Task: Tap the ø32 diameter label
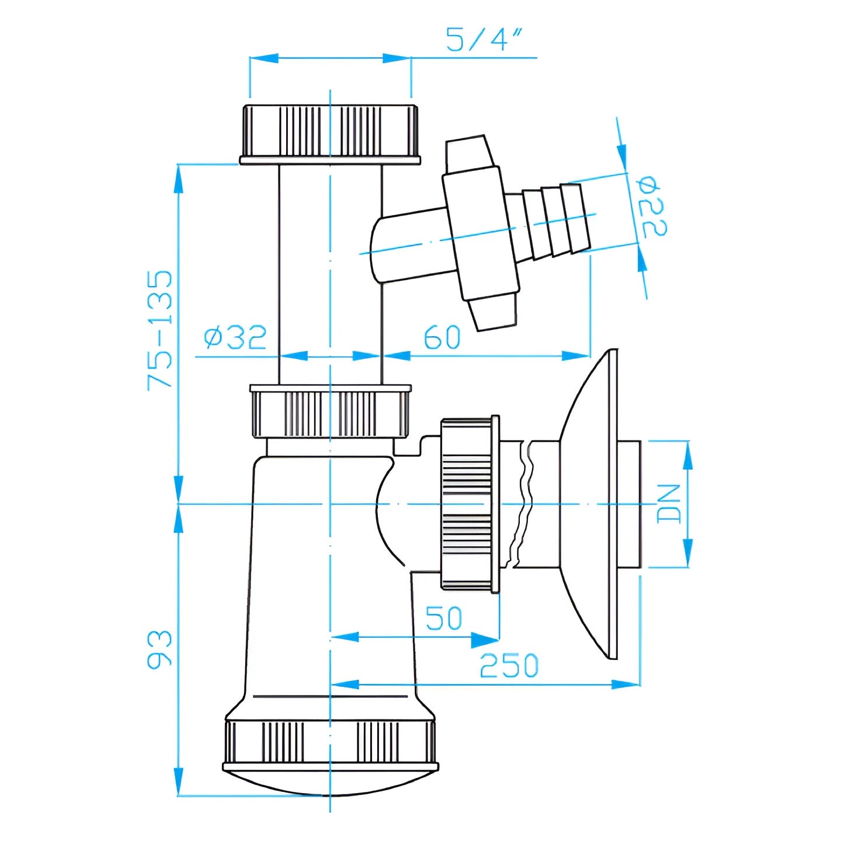pos(236,337)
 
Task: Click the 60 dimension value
pos(443,337)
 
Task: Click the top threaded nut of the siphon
pos(331,134)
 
